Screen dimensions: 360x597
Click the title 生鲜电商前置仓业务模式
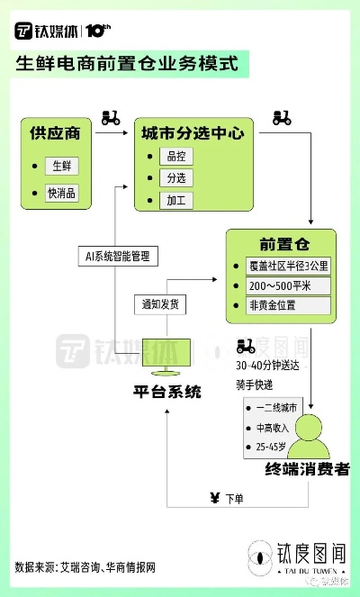[127, 64]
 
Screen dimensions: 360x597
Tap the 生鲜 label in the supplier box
[62, 166]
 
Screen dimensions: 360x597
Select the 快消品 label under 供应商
[61, 193]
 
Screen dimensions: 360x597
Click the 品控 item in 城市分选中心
[176, 156]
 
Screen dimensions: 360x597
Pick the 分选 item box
[176, 177]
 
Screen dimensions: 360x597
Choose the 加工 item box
[176, 200]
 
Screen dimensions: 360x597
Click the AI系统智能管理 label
[118, 257]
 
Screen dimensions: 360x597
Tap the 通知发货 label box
[160, 304]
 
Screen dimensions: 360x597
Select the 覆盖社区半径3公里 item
[288, 266]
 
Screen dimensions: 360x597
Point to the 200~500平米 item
[288, 285]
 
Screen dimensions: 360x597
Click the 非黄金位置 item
[288, 305]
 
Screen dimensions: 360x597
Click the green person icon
[308, 437]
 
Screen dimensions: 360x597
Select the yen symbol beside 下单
[215, 498]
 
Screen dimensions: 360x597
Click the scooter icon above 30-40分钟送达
[246, 346]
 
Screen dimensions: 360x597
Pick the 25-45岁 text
[271, 447]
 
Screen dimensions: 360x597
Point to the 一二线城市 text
[276, 408]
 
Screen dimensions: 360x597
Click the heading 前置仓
[284, 244]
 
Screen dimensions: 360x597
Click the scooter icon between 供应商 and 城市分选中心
[111, 118]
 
